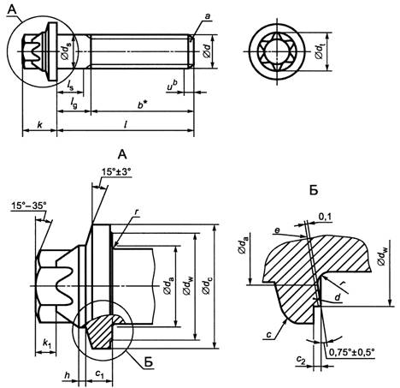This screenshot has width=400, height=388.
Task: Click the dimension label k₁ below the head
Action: [47, 343]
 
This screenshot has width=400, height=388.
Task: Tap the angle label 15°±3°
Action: [116, 172]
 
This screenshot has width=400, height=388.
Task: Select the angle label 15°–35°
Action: [29, 206]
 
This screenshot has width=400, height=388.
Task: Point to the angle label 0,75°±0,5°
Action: [351, 352]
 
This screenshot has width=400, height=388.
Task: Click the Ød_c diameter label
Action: [207, 286]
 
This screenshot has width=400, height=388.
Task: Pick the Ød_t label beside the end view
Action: [321, 51]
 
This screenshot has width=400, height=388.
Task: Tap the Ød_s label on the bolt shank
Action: [66, 51]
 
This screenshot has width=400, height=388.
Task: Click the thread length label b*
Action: [141, 104]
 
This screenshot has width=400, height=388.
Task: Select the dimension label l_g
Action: [74, 104]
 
